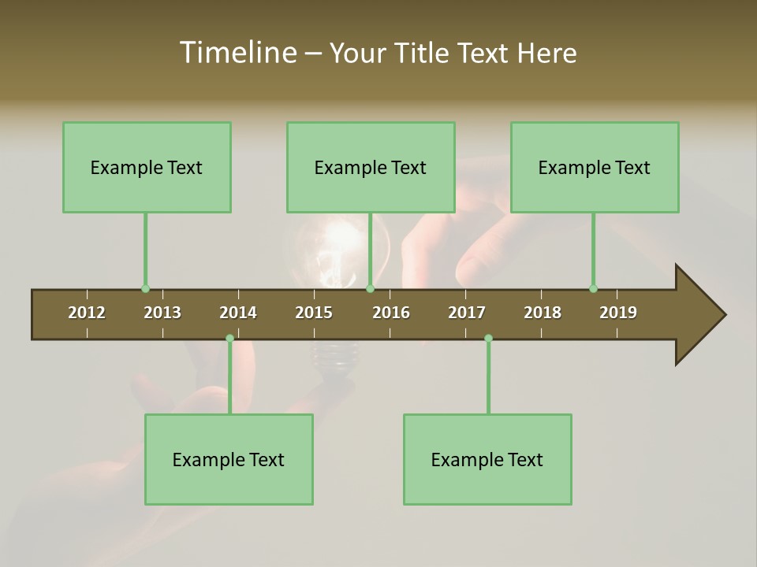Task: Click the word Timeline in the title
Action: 237,53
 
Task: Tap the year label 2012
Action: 87,313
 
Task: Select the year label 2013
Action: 162,313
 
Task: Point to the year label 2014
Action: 238,313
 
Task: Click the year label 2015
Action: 314,313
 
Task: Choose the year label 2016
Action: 391,313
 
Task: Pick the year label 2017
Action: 467,313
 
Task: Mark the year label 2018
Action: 543,313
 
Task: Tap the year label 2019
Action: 618,313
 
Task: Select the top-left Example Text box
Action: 147,167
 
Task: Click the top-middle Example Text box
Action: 371,167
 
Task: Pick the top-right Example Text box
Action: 595,167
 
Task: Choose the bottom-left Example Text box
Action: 229,459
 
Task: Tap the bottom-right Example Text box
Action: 487,459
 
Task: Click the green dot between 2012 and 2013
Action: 145,289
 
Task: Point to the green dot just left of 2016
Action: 371,289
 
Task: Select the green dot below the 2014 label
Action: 229,339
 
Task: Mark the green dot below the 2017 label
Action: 488,339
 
